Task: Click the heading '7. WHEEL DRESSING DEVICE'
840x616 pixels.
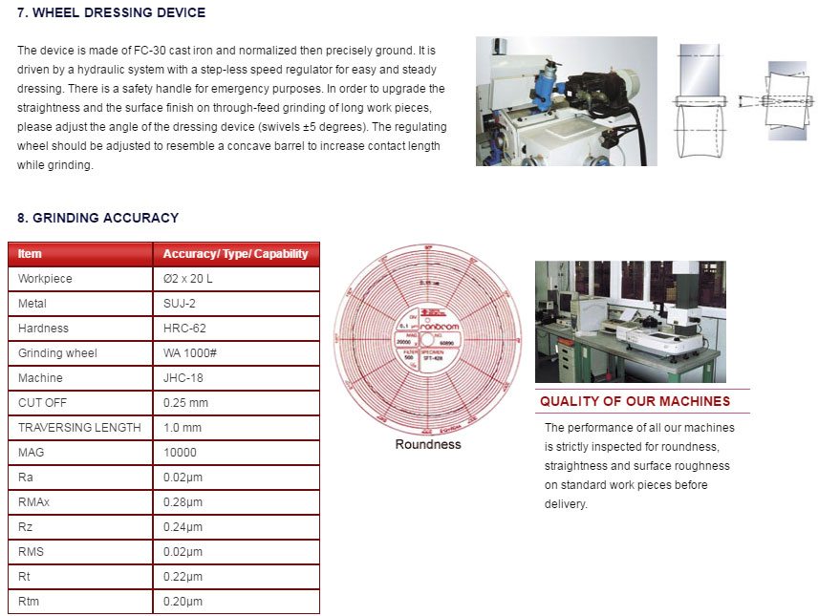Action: pyautogui.click(x=111, y=13)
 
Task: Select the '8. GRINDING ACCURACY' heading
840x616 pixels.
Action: pyautogui.click(x=97, y=218)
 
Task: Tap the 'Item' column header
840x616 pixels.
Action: pyautogui.click(x=31, y=254)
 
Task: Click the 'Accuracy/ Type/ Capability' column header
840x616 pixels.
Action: pyautogui.click(x=235, y=254)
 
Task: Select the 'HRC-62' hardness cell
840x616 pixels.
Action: pyautogui.click(x=183, y=329)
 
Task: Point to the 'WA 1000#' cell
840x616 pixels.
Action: pyautogui.click(x=189, y=353)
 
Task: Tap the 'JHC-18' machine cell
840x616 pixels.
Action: pyautogui.click(x=183, y=378)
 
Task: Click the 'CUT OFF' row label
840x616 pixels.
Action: pyautogui.click(x=43, y=403)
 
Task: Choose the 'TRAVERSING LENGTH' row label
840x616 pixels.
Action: pyautogui.click(x=79, y=428)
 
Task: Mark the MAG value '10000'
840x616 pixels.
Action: pyautogui.click(x=181, y=453)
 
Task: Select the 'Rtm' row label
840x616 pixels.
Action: pyautogui.click(x=29, y=602)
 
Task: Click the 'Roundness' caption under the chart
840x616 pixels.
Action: pyautogui.click(x=428, y=444)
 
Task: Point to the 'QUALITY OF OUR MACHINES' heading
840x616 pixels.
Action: pyautogui.click(x=635, y=402)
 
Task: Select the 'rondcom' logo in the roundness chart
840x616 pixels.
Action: pyautogui.click(x=440, y=328)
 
